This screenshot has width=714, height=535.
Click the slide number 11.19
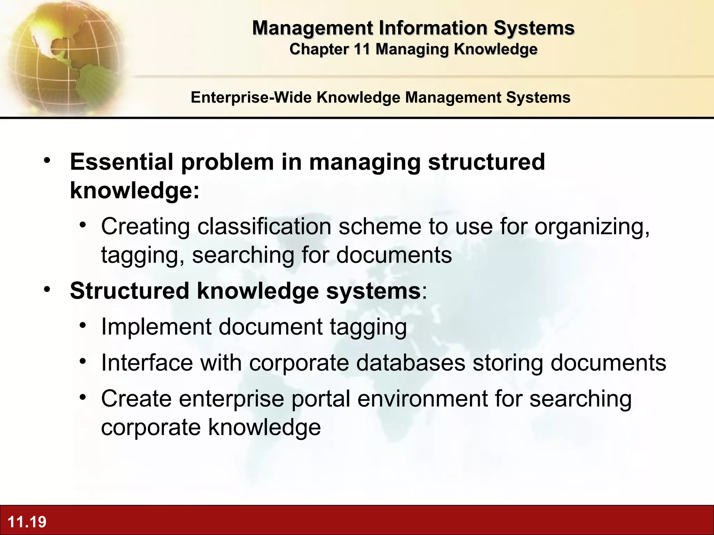27,522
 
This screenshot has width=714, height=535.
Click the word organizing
592,227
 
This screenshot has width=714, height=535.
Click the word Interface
147,363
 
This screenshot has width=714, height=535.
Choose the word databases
411,363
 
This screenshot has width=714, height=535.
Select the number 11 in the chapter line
362,49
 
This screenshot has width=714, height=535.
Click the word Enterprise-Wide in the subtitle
251,97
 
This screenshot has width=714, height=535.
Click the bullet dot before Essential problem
47,161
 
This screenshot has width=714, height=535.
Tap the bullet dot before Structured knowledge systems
47,289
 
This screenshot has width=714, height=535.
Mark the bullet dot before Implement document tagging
83,326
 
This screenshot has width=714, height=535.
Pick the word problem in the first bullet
227,162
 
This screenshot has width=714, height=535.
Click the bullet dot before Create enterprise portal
83,397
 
